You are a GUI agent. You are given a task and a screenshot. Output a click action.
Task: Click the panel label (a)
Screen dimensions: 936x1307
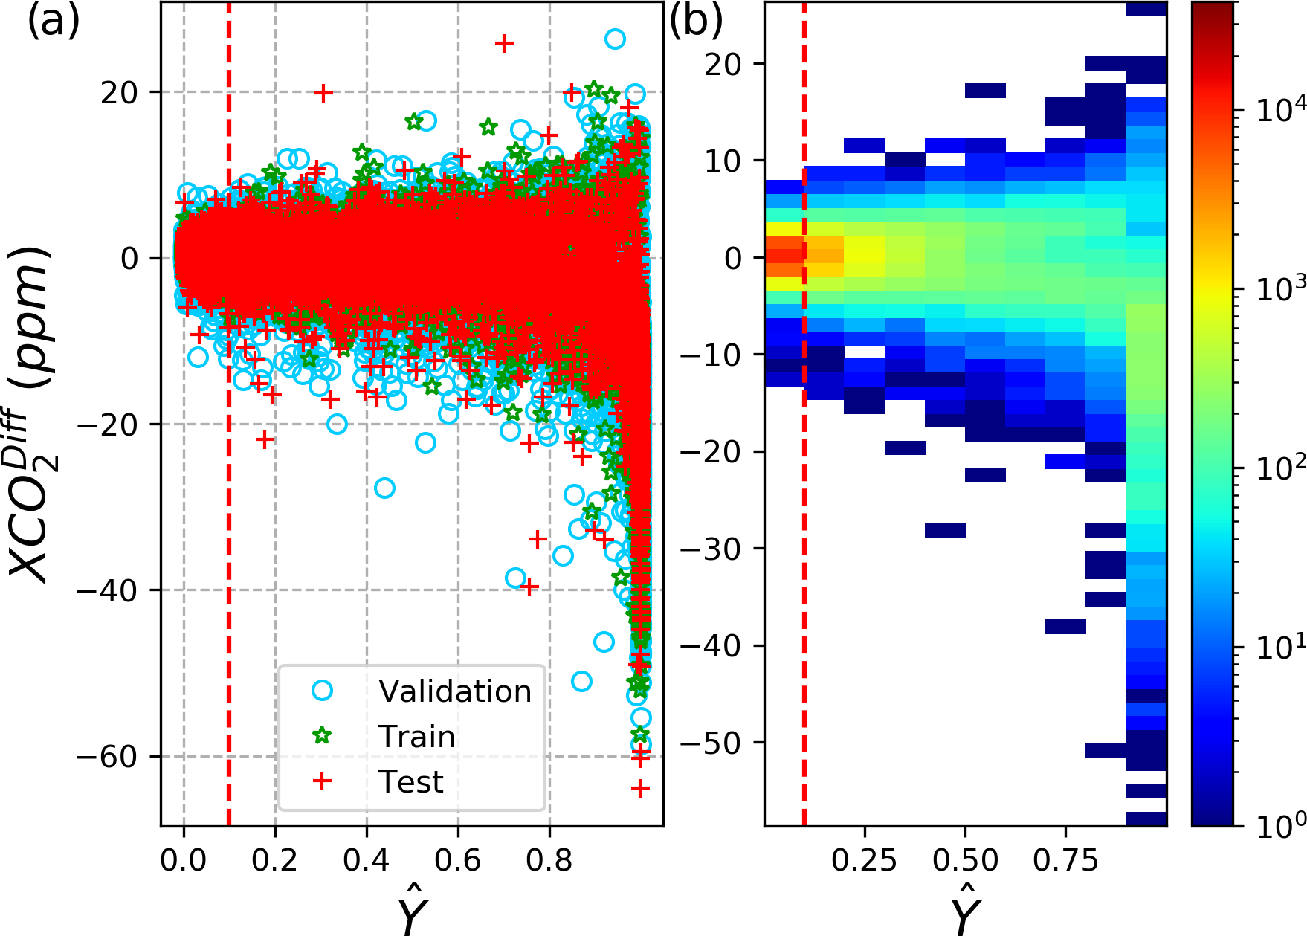(53, 22)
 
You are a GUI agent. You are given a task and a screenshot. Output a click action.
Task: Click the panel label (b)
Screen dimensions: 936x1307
(696, 22)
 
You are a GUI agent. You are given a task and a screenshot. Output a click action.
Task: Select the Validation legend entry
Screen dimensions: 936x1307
(454, 691)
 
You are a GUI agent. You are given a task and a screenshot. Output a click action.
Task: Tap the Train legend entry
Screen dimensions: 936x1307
(416, 737)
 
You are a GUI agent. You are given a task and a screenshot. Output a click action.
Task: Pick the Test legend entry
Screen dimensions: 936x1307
(410, 782)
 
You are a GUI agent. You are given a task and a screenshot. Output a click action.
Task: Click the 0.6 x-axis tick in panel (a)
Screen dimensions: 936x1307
(458, 855)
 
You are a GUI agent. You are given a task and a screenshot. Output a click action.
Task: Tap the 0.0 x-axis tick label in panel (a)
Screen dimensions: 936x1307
(184, 855)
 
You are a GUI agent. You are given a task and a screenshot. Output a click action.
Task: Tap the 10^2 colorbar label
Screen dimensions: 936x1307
(1273, 468)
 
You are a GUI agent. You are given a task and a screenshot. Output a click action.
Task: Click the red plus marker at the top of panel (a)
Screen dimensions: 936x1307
(504, 43)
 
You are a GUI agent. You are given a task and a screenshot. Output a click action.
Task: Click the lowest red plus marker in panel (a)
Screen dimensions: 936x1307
(639, 788)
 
